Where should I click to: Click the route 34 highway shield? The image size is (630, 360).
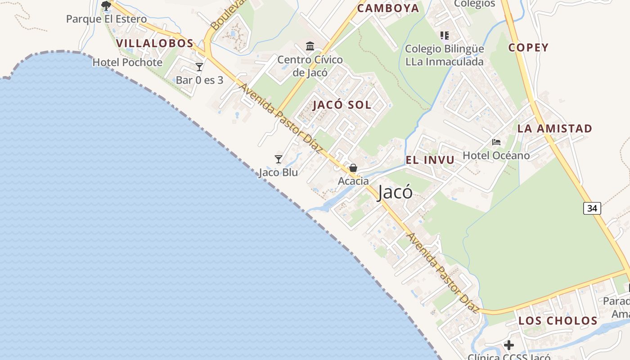(x=592, y=208)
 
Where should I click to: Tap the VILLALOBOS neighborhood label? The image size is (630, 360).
(x=155, y=44)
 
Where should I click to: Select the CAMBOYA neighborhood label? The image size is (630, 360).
(x=388, y=8)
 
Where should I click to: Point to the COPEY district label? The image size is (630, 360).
(x=528, y=48)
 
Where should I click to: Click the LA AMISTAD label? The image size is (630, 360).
(x=554, y=129)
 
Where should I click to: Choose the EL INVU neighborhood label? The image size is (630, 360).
(x=430, y=160)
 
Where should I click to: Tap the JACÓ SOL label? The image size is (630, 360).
(x=342, y=105)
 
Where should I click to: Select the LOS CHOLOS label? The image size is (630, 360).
(x=558, y=321)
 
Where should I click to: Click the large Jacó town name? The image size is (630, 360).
(x=395, y=192)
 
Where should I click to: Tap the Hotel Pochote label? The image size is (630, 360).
(x=127, y=63)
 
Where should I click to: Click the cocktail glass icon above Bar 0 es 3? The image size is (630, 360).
(x=199, y=67)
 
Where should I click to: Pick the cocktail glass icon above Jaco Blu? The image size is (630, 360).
(x=279, y=159)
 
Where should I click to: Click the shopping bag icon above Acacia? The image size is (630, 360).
(x=353, y=168)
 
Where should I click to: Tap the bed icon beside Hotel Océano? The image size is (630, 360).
(x=496, y=142)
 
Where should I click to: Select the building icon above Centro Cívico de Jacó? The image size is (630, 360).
(x=310, y=46)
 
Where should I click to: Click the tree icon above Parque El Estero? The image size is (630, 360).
(x=106, y=6)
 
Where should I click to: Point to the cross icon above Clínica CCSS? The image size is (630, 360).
(x=509, y=345)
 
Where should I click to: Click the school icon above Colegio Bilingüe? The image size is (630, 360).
(x=445, y=35)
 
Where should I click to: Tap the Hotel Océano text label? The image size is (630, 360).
(x=496, y=156)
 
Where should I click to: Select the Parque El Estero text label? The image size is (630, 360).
(x=106, y=19)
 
